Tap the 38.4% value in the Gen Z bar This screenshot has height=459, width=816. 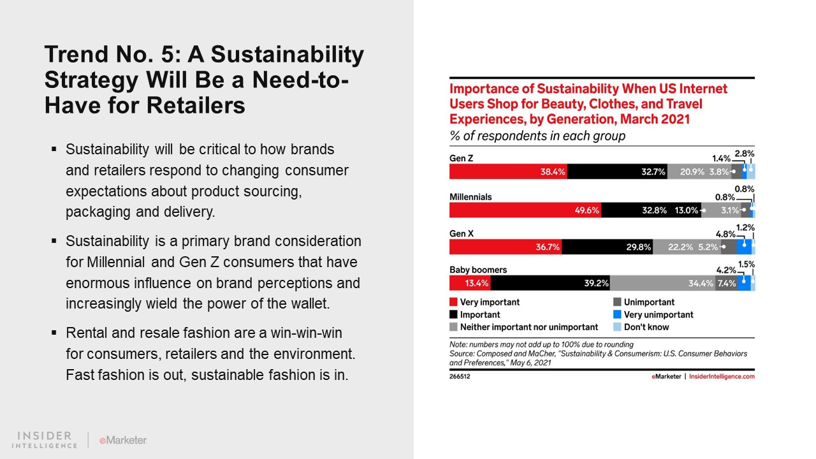(x=553, y=171)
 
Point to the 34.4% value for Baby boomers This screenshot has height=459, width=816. (x=701, y=283)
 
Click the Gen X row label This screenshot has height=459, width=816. (x=462, y=234)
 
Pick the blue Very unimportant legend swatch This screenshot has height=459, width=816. (x=617, y=314)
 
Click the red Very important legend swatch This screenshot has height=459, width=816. (x=453, y=302)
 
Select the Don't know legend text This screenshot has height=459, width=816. (x=646, y=327)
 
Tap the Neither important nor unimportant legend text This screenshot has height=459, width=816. (x=529, y=327)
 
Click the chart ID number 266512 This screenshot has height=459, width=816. (x=461, y=376)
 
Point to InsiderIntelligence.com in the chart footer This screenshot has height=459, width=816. (x=722, y=376)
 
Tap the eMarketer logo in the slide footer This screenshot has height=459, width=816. (x=123, y=440)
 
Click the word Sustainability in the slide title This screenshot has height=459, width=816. (x=288, y=55)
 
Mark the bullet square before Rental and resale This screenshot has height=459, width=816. (x=54, y=333)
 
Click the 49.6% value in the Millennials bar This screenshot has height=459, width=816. (x=587, y=210)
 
